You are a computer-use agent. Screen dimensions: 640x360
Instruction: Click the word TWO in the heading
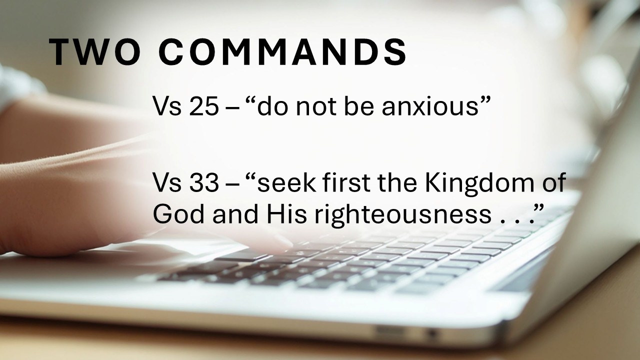pos(95,52)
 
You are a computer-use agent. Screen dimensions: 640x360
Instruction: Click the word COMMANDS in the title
pos(282,52)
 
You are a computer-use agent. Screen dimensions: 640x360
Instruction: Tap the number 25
pos(203,106)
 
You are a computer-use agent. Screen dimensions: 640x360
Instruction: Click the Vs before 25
pos(167,106)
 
